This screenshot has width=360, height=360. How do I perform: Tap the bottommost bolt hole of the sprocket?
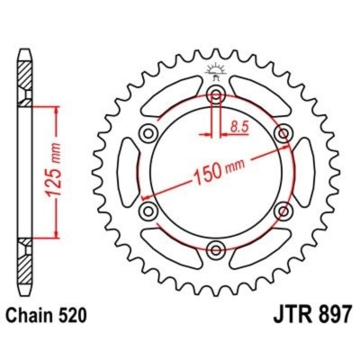point(215,249)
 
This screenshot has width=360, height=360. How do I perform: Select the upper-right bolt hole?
point(283,133)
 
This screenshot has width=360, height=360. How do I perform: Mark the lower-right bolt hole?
point(283,211)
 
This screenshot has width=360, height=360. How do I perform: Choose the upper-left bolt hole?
point(148,133)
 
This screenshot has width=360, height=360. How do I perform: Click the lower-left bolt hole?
point(148,211)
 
